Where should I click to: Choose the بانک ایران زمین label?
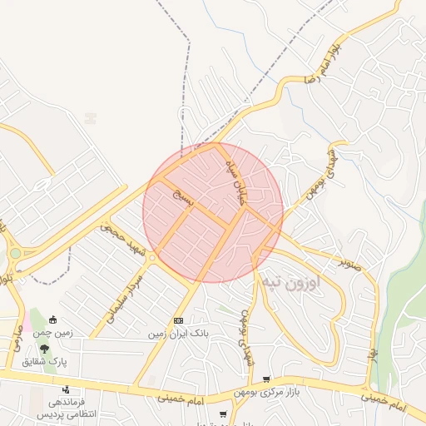[177, 334]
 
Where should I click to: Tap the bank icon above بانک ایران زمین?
[178, 320]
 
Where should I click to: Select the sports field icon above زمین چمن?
[53, 319]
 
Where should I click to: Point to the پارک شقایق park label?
[56, 363]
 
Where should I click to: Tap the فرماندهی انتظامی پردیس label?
[67, 408]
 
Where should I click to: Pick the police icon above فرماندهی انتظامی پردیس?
[67, 389]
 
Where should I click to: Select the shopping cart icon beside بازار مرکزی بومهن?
[266, 379]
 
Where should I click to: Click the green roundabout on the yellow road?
[15, 254]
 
